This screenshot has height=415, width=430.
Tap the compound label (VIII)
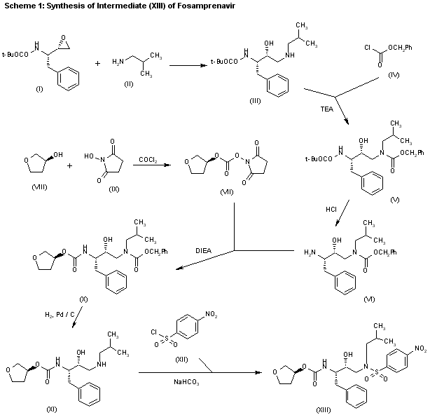click(x=40, y=189)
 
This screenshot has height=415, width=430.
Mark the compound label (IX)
click(x=104, y=189)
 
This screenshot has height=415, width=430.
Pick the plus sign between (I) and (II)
click(x=96, y=62)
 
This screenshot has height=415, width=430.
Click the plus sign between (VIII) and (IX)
click(x=69, y=167)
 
